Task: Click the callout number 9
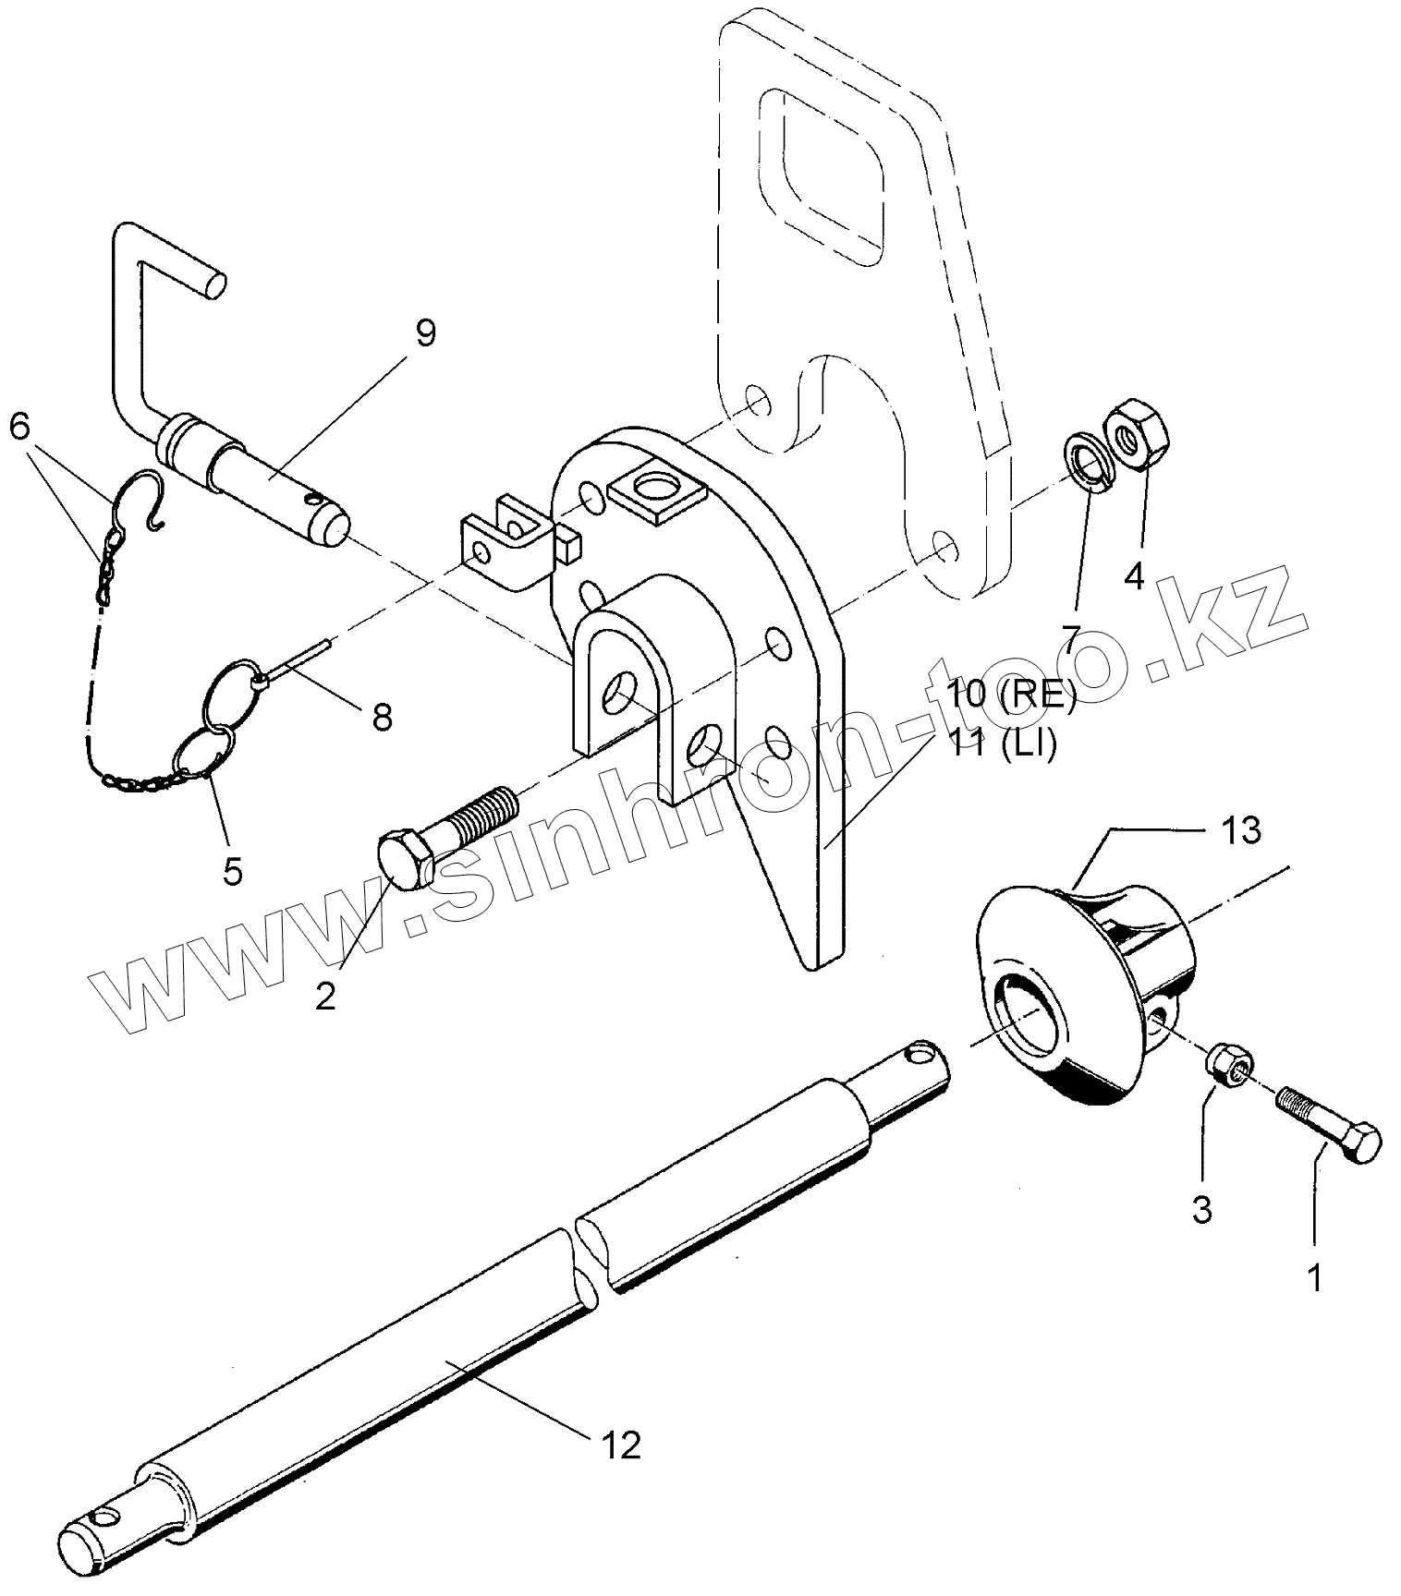click(x=424, y=333)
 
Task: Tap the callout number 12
click(x=621, y=1445)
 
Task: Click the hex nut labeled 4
click(x=1134, y=431)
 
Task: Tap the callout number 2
click(x=325, y=996)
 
